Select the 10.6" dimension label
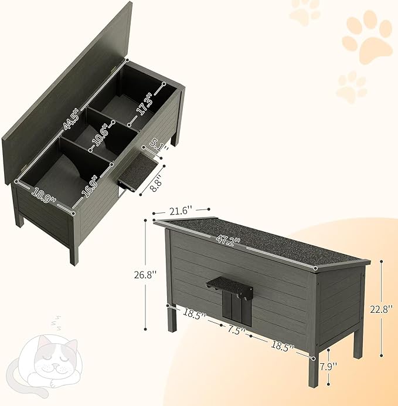103,138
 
